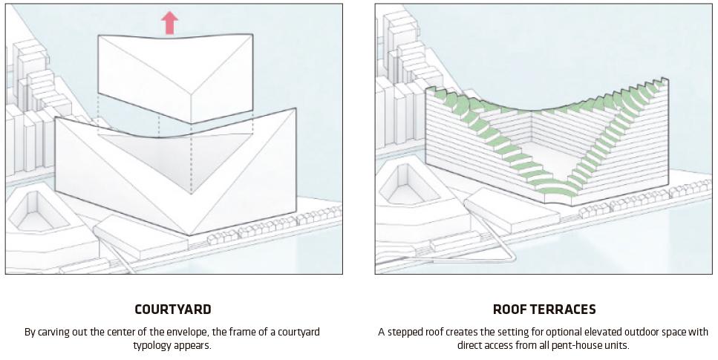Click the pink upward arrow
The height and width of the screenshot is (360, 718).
click(x=169, y=23)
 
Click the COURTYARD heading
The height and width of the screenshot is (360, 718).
click(x=173, y=310)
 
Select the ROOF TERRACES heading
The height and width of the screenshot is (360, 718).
click(x=544, y=310)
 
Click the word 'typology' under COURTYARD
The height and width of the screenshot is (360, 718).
click(x=152, y=345)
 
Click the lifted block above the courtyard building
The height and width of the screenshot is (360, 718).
click(x=175, y=78)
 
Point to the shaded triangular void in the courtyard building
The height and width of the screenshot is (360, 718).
click(x=175, y=160)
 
